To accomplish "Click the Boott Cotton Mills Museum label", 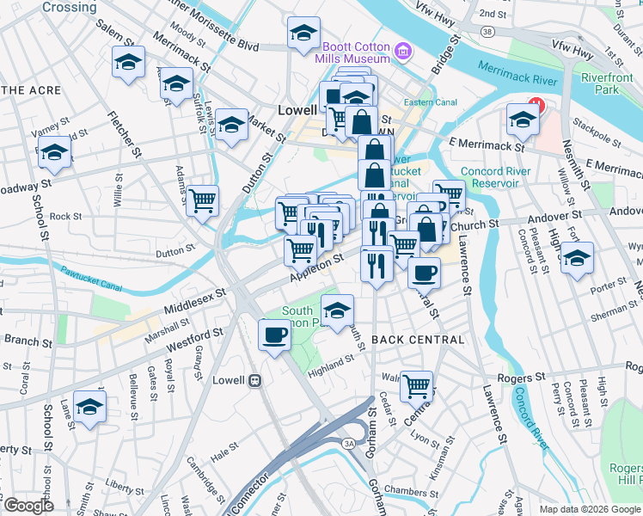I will pyautogui.click(x=356, y=53).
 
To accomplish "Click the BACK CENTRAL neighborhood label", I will pyautogui.click(x=418, y=340).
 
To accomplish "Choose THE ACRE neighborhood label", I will pyautogui.click(x=31, y=90).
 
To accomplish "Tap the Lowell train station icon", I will pyautogui.click(x=254, y=380).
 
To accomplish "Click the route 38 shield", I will pyautogui.click(x=487, y=32).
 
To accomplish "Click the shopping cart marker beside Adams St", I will pyautogui.click(x=203, y=201).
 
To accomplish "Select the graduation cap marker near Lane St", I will pyautogui.click(x=89, y=407).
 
